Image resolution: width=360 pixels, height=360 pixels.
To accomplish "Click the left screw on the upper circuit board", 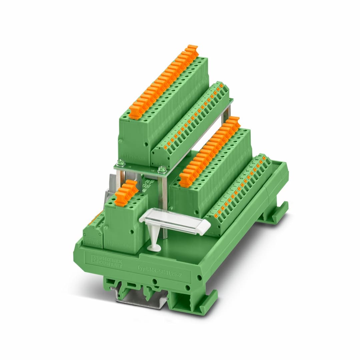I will pos(121,163).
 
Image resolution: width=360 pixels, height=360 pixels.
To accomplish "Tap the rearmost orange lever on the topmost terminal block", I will pos(192,49).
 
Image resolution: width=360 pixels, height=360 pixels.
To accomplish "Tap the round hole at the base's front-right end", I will pos(199,277).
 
